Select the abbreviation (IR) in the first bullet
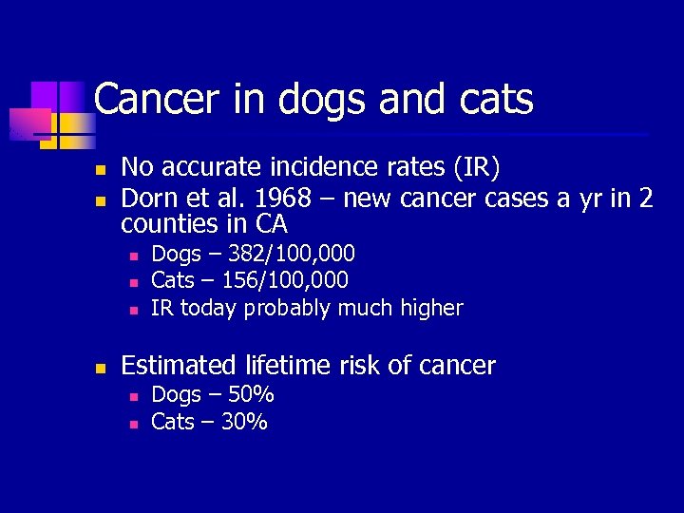472,168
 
